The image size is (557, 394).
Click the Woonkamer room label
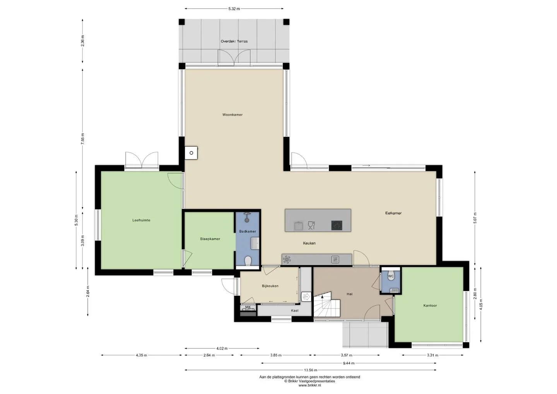point(232,115)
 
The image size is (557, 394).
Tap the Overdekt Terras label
point(234,41)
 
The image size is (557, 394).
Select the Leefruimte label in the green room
point(141,220)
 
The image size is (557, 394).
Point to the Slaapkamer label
point(210,239)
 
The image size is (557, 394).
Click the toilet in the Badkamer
point(248,261)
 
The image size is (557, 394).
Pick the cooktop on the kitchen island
point(337,225)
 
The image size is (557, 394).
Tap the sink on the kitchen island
point(298,226)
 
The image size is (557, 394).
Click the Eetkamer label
point(393,213)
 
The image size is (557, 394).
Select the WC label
point(391,276)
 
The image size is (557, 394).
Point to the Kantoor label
point(430,305)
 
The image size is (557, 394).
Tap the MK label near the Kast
point(248,307)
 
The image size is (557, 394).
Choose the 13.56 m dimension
point(310,370)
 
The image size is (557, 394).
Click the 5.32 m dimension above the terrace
point(234,9)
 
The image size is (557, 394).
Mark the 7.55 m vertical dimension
point(82,139)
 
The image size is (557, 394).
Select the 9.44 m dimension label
point(349,363)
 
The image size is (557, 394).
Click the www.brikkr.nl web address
point(309,385)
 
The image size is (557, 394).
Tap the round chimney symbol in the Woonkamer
point(191,153)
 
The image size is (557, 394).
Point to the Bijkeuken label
point(270,286)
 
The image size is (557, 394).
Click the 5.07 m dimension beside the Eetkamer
point(475,218)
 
